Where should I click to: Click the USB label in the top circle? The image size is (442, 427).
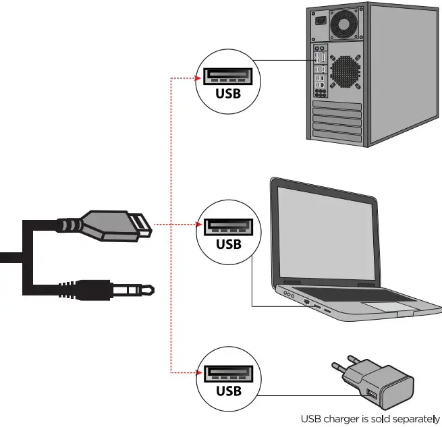227,94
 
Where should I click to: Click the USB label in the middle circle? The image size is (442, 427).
227,244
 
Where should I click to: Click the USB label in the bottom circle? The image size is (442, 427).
227,391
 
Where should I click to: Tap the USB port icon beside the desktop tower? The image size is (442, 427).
227,76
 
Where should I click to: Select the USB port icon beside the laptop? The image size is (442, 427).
227,226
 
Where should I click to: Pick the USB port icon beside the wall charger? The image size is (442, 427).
227,373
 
